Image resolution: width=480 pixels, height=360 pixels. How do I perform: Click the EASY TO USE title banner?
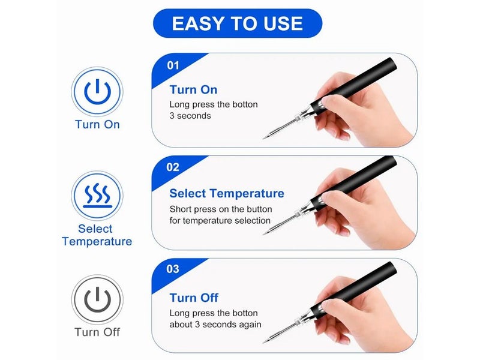point(237,23)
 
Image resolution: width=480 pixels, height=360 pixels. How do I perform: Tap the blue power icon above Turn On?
point(97,92)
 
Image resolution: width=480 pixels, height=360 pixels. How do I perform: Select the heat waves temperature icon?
point(97,196)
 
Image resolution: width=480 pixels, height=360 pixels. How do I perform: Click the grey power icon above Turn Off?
point(97,299)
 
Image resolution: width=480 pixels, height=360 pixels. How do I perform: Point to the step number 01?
point(173,65)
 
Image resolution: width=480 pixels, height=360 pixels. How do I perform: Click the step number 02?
point(173,167)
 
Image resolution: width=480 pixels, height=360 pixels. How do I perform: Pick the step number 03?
point(173,269)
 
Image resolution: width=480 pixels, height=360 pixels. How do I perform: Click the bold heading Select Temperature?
point(227,193)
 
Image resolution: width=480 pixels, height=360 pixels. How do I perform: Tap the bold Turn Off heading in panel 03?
point(194,298)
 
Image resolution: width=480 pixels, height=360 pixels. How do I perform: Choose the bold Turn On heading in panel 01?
point(193,89)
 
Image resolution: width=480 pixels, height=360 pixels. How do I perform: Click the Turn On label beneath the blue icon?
point(97,125)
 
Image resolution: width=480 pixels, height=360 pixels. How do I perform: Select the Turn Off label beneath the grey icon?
point(97,332)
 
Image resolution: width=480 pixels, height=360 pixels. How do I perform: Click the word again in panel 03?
point(249,325)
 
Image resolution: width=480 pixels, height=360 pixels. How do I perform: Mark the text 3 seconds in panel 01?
point(190,116)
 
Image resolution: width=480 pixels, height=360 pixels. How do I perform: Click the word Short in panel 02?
point(181,209)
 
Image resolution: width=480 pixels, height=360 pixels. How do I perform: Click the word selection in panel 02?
point(252,221)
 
